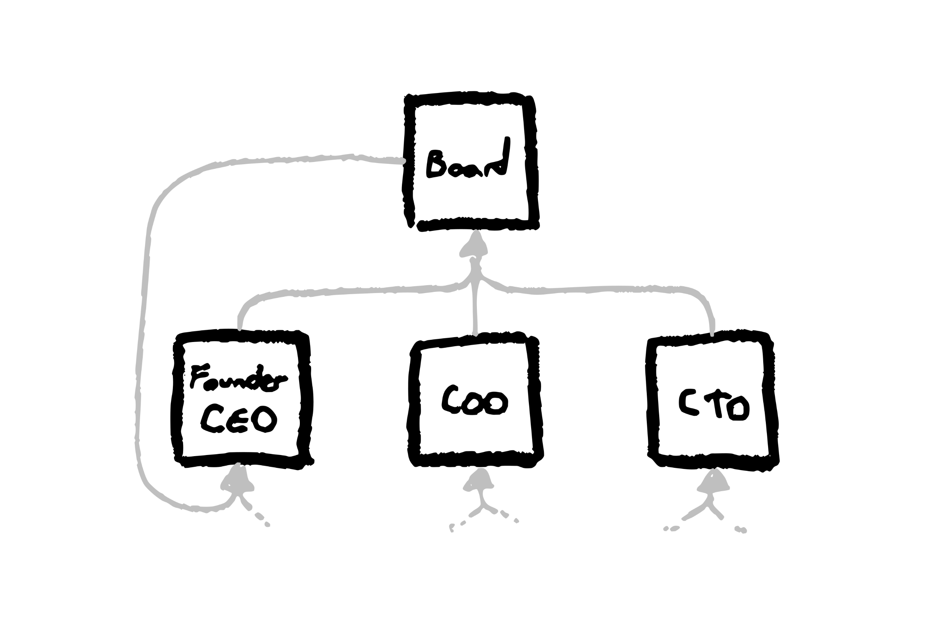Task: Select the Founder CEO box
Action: coord(242,399)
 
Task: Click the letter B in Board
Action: coord(436,164)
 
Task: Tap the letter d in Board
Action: coord(498,157)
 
